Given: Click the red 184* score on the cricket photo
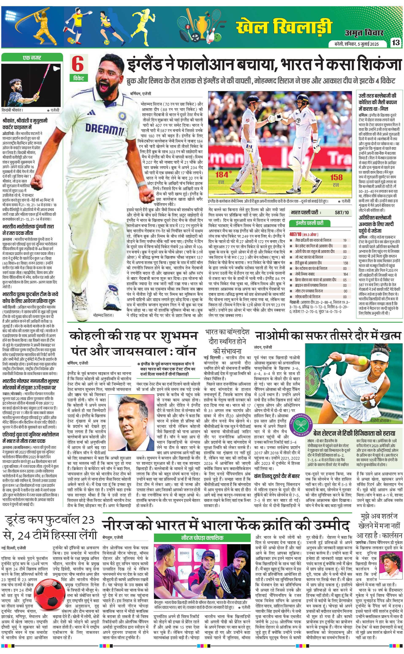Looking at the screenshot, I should point(222,175).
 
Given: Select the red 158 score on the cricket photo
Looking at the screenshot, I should point(336,177).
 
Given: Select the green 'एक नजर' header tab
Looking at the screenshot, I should point(32,57).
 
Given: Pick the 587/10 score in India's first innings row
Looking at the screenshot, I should point(342,213).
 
